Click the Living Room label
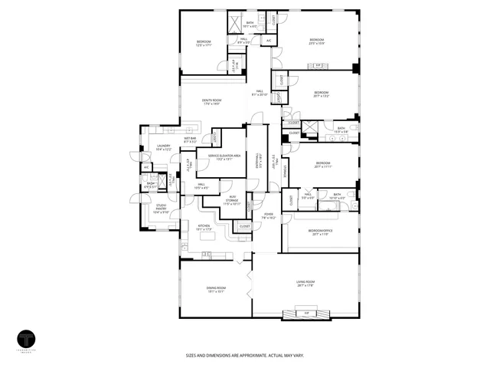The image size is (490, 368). pos(306,283)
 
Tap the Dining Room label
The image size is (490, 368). pos(215,287)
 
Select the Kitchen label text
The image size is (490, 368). pos(204,225)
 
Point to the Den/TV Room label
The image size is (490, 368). pos(211,100)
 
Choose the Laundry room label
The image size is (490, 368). pos(163,145)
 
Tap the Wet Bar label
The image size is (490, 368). pos(190,138)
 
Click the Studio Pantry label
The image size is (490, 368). pos(162,206)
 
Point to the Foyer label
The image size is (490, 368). pos(269,215)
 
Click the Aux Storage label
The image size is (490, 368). pos(232,199)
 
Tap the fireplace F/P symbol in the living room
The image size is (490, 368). pos(306,314)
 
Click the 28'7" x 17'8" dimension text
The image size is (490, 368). pos(306,287)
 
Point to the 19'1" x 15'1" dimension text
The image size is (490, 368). pos(215,291)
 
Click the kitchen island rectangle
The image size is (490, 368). pos(207,254)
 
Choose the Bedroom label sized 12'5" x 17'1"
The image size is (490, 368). pos(203,42)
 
